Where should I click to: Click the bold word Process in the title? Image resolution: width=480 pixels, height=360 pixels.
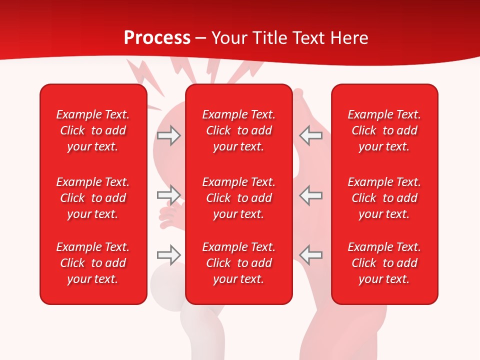click(157, 38)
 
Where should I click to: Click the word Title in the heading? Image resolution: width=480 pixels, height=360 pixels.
click(270, 38)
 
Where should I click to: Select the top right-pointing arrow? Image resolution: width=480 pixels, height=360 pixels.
click(168, 135)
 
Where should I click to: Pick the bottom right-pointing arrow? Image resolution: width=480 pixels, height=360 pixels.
click(168, 254)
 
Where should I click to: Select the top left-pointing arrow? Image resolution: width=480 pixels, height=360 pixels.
click(311, 135)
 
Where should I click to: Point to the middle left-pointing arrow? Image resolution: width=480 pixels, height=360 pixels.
click(311, 195)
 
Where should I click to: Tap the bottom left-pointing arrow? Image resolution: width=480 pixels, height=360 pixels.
click(311, 254)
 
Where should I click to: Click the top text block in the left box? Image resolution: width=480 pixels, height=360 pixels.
click(93, 130)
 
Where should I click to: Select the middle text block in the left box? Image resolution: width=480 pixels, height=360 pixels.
click(93, 198)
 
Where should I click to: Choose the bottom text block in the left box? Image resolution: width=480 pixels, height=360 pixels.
click(93, 263)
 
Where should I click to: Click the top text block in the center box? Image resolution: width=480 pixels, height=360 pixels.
click(239, 130)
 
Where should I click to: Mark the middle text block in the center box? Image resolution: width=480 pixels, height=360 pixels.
click(239, 198)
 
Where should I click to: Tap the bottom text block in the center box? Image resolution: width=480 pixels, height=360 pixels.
click(239, 263)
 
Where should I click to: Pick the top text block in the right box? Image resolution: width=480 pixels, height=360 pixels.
click(384, 130)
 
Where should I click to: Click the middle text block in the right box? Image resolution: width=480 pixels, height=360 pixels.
click(384, 198)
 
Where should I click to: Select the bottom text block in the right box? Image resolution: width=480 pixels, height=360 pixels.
click(384, 263)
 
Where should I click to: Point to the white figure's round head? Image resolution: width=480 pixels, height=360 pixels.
click(167, 282)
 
